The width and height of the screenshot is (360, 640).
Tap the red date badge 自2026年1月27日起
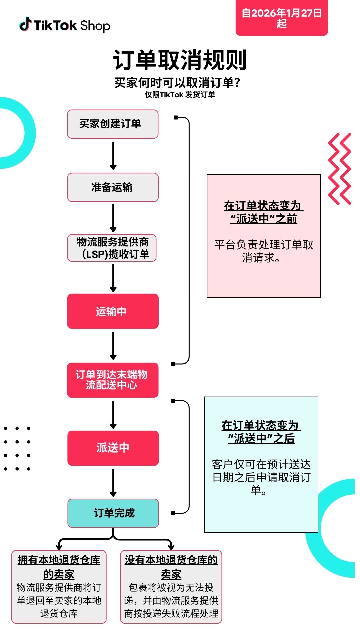click(x=282, y=18)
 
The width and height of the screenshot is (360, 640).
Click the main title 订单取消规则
click(x=180, y=60)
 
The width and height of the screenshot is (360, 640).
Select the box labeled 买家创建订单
click(x=113, y=124)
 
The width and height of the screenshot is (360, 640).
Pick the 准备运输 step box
click(x=113, y=187)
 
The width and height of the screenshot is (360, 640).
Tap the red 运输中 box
click(x=113, y=311)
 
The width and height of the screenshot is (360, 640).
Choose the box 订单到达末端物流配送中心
click(x=113, y=380)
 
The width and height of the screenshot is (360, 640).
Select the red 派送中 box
click(x=113, y=448)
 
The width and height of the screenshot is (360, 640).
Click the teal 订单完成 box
click(x=113, y=513)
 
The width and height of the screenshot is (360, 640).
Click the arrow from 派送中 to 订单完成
click(x=113, y=482)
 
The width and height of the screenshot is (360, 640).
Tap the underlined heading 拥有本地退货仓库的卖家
click(x=59, y=567)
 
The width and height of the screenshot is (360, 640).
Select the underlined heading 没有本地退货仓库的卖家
click(x=171, y=567)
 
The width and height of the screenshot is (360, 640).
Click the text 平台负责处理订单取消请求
click(x=264, y=251)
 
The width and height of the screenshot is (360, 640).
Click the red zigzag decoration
click(x=340, y=169)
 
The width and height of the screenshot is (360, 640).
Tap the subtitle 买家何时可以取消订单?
click(x=177, y=83)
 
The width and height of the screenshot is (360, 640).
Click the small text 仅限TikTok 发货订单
click(x=180, y=95)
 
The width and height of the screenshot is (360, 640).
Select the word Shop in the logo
click(x=95, y=26)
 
